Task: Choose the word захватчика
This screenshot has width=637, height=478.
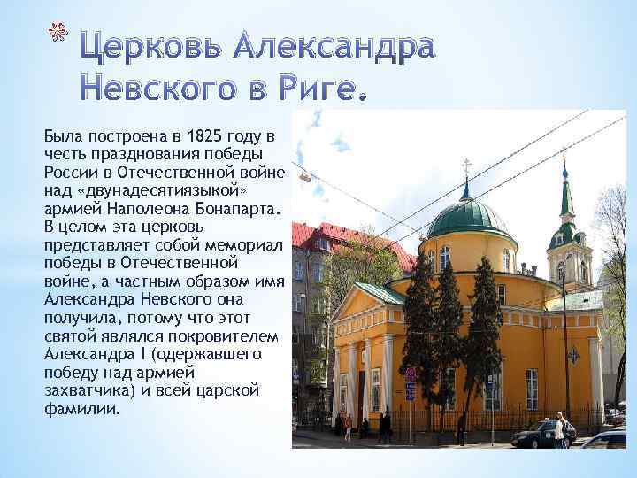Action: pos(81,393)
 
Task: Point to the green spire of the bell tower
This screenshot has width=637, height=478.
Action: pos(565,195)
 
